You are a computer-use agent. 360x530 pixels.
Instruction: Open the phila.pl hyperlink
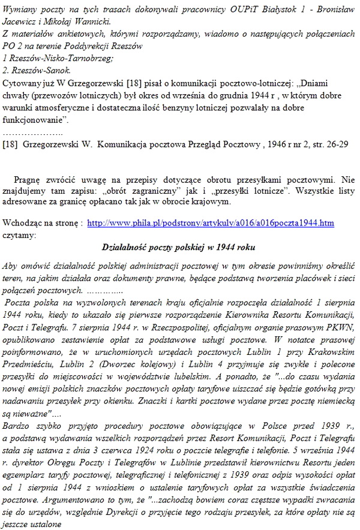[x=211, y=222]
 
